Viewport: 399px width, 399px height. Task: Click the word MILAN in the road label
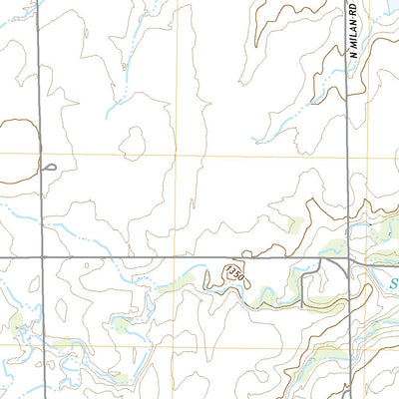click(x=354, y=34)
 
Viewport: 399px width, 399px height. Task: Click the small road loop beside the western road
click(x=49, y=168)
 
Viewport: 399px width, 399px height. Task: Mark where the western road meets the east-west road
click(x=43, y=257)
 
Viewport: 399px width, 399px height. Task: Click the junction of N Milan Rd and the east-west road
click(x=349, y=258)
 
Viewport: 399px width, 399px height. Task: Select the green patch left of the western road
click(x=15, y=321)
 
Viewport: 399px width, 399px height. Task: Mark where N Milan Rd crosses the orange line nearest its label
click(x=349, y=155)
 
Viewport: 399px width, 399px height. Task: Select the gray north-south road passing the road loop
click(x=42, y=100)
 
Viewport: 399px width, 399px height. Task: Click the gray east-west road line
click(x=150, y=257)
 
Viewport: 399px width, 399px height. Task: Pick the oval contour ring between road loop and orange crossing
click(x=132, y=143)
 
